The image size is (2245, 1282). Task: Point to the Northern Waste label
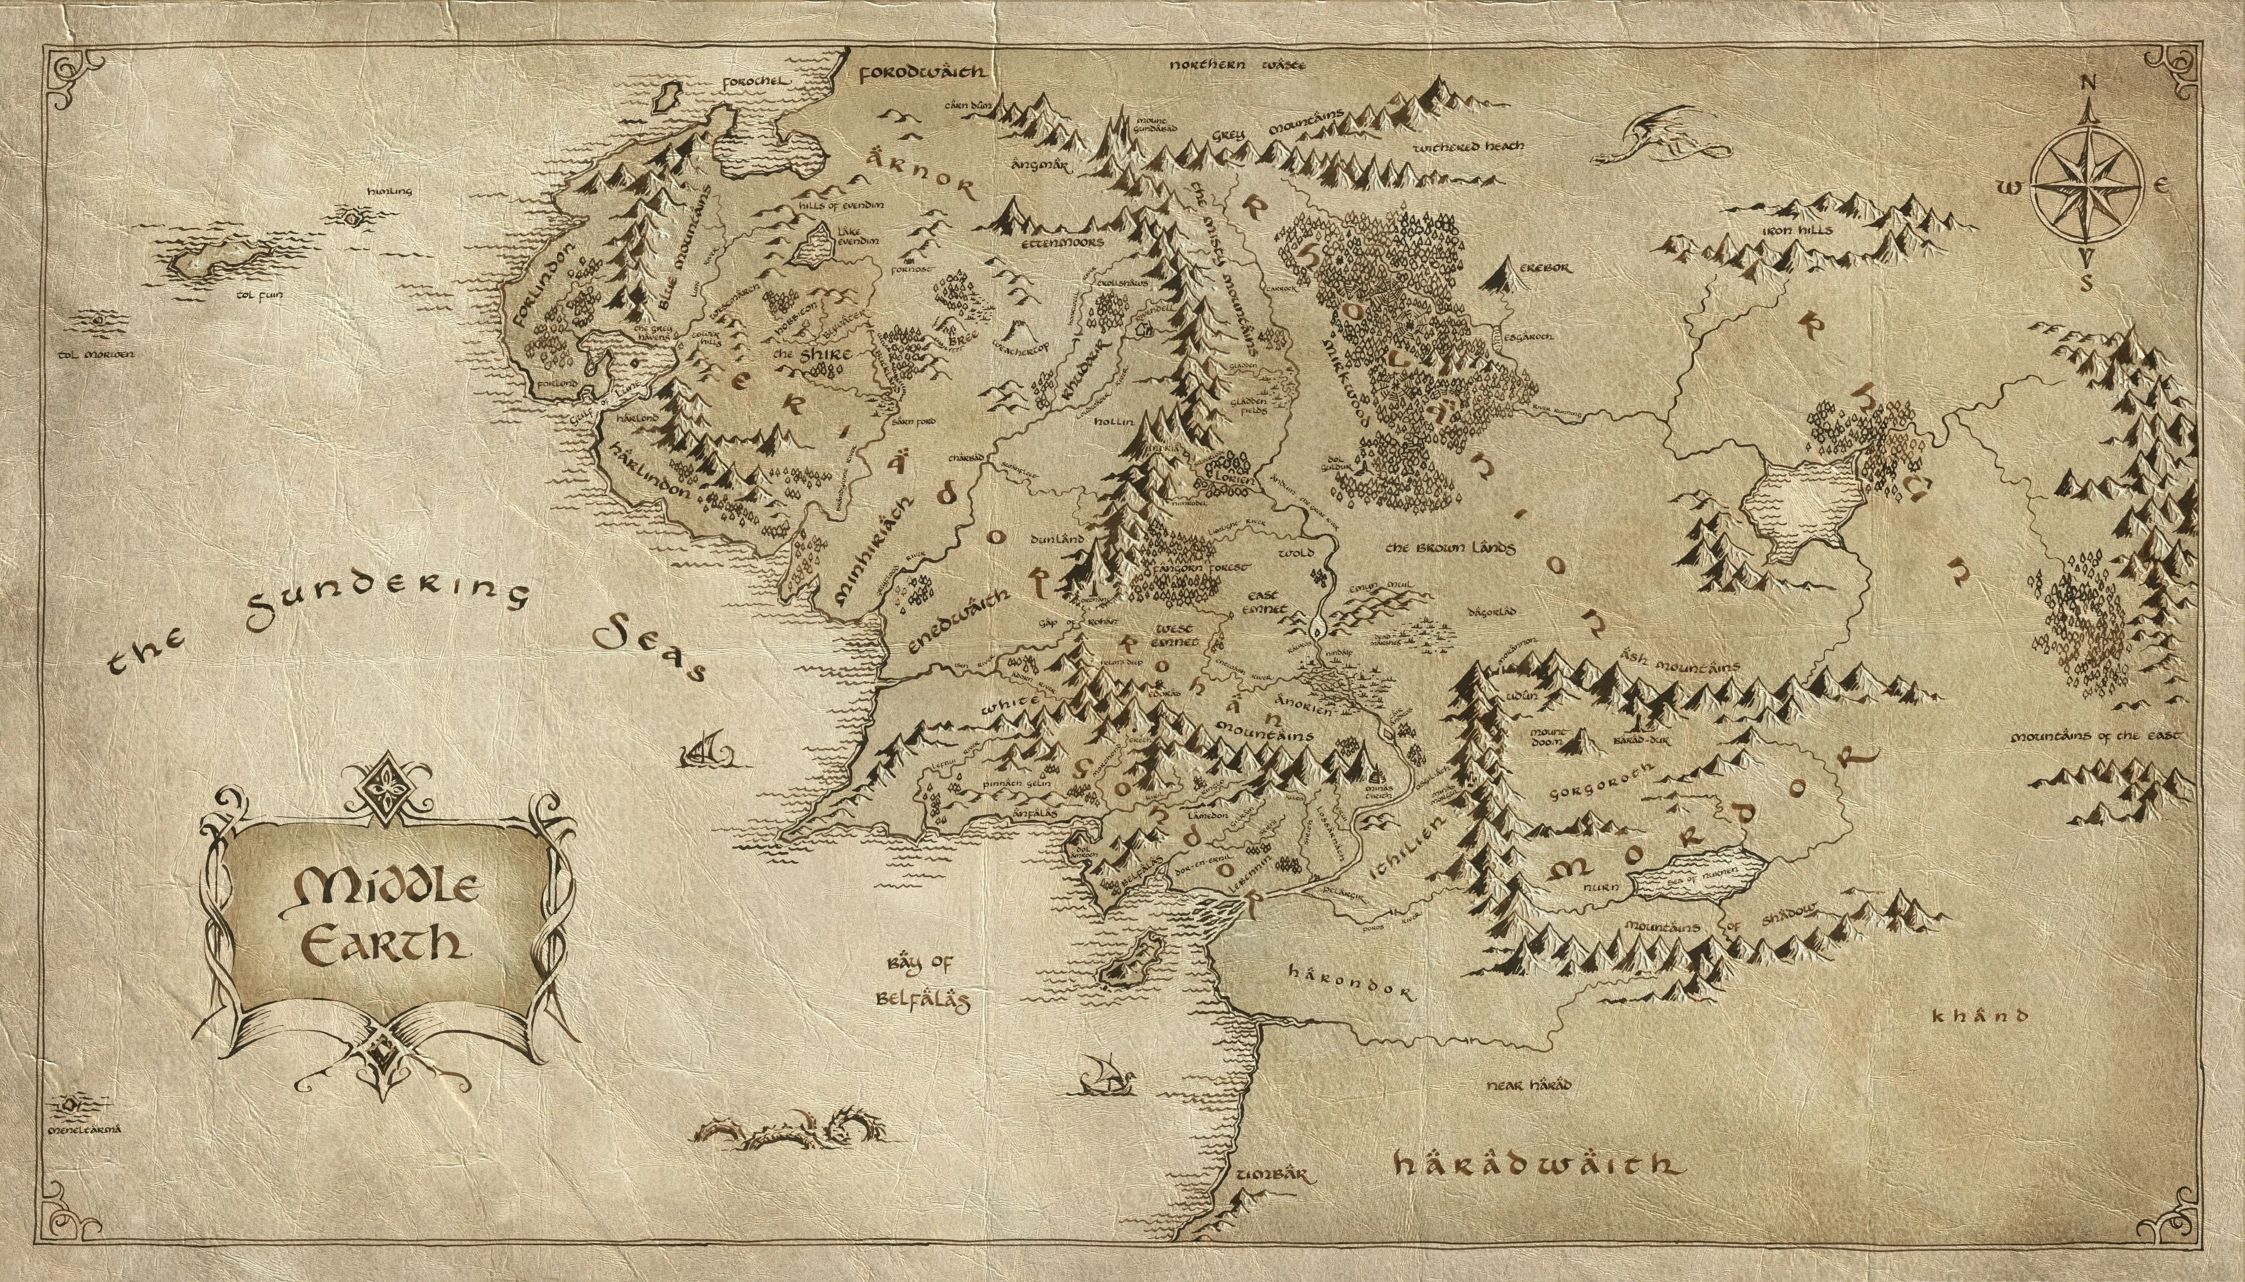point(1238,65)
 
